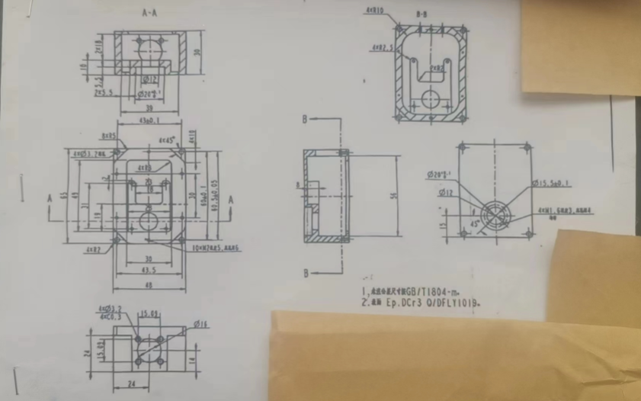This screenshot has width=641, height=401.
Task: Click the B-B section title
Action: click(x=422, y=14)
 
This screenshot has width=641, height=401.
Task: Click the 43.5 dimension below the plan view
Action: click(x=149, y=269)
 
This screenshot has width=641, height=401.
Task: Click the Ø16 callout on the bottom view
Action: click(x=201, y=326)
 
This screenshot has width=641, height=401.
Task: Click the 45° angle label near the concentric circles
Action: click(x=476, y=224)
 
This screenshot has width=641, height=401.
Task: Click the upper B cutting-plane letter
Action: click(x=303, y=120)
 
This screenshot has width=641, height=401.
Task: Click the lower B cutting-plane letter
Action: click(x=303, y=272)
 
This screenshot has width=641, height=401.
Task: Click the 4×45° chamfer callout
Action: click(x=167, y=141)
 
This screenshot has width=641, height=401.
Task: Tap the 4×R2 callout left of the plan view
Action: click(x=94, y=249)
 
